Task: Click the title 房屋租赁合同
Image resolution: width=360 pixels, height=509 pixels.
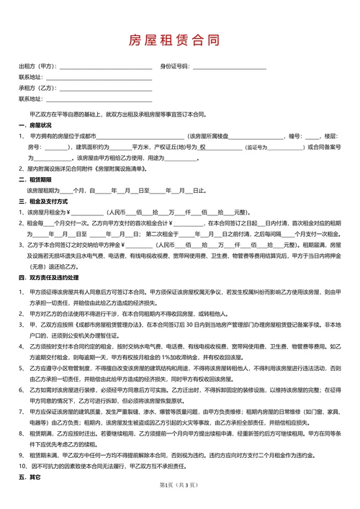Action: (x=179, y=39)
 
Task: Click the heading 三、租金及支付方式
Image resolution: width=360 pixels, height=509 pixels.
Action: (x=44, y=202)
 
